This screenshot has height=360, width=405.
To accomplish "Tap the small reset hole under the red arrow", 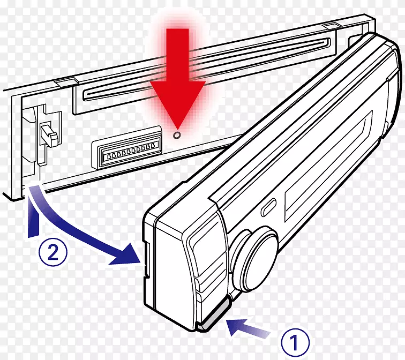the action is click(177, 134).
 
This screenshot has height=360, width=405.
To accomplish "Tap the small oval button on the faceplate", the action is click(268, 207).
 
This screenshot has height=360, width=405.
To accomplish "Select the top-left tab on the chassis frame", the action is click(66, 81).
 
